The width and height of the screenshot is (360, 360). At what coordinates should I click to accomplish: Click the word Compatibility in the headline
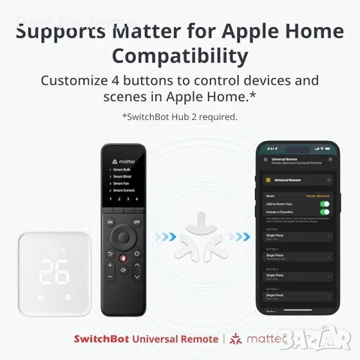pyautogui.click(x=180, y=57)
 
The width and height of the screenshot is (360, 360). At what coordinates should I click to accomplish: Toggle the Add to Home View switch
pyautogui.click(x=325, y=203)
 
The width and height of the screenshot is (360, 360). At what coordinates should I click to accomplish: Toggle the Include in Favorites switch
pyautogui.click(x=325, y=212)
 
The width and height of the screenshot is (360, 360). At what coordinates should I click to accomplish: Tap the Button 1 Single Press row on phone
pyautogui.click(x=296, y=236)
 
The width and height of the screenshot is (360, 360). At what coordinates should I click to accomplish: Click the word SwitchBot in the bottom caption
pyautogui.click(x=101, y=338)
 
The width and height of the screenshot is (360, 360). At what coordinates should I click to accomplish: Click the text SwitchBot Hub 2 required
pyautogui.click(x=180, y=116)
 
